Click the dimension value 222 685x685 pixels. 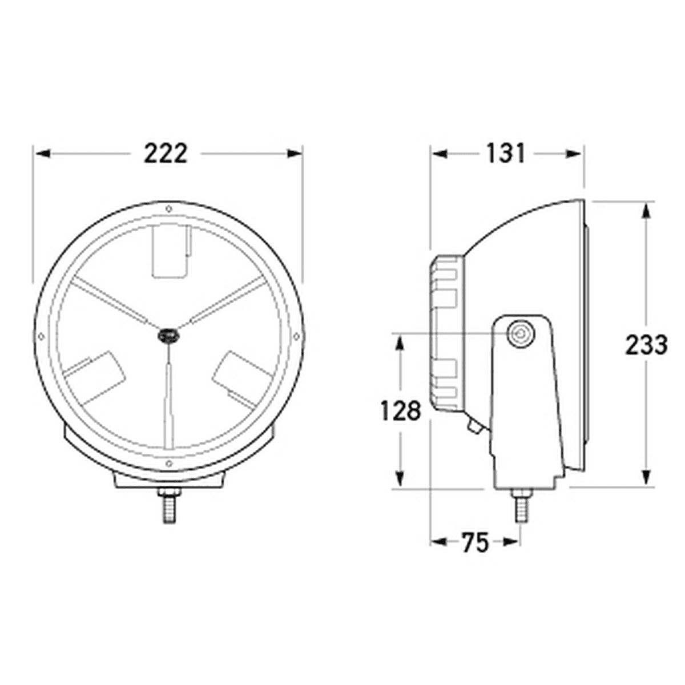pyautogui.click(x=166, y=154)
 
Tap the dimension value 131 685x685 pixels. pyautogui.click(x=505, y=154)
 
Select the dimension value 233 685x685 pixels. pyautogui.click(x=646, y=345)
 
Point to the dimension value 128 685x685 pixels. pyautogui.click(x=401, y=411)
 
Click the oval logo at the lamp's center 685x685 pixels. pyautogui.click(x=168, y=336)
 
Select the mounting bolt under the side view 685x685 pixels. pyautogui.click(x=521, y=505)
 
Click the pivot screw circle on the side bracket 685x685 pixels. pyautogui.click(x=521, y=334)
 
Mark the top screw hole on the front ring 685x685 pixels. pyautogui.click(x=169, y=209)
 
